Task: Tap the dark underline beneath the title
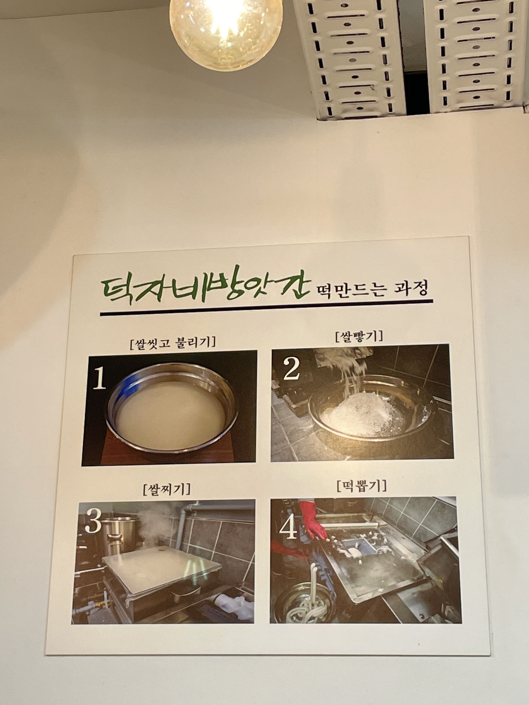pos(267,307)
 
